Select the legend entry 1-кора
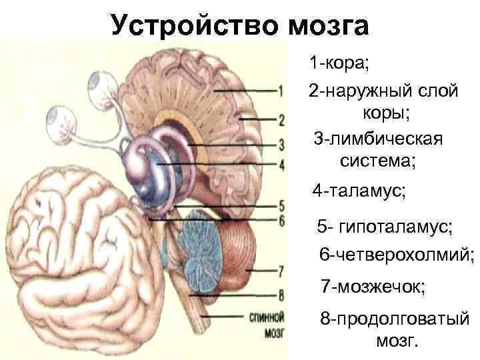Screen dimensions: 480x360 tap(339, 65)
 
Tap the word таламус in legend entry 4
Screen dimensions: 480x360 tap(369, 191)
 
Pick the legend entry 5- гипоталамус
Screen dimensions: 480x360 tap(385, 227)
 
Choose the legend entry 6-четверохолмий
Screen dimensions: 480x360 tap(397, 255)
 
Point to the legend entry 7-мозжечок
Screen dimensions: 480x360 tap(373, 286)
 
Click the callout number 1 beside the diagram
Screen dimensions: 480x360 tap(282, 90)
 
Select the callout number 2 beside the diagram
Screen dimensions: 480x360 tap(282, 121)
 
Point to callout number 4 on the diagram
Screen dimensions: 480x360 tap(282, 164)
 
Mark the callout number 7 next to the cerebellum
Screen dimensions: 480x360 tap(282, 271)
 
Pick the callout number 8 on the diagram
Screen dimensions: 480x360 tap(282, 294)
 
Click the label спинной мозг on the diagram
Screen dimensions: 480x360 tap(265, 322)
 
